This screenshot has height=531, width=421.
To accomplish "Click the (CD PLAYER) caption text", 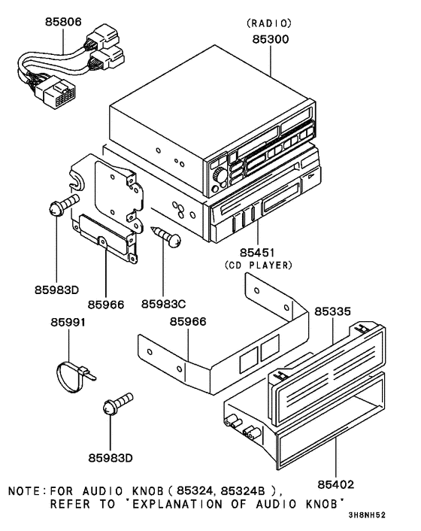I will [257, 265].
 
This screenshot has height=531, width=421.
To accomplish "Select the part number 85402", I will [336, 484].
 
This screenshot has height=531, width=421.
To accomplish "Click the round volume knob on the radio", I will [219, 175].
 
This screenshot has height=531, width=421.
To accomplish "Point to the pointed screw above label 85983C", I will [167, 235].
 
